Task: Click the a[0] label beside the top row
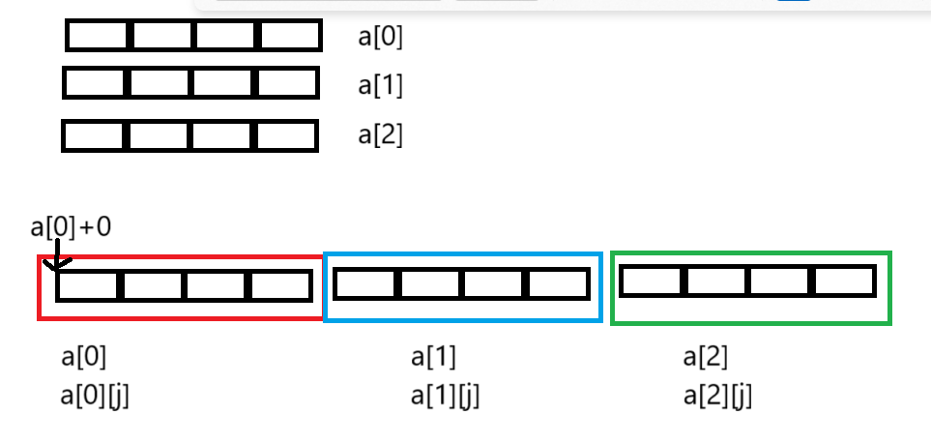pos(380,38)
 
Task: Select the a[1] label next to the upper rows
pos(380,85)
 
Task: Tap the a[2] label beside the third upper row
pos(380,134)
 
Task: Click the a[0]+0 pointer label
pos(71,227)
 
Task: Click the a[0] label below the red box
pos(83,357)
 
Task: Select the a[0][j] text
pos(94,396)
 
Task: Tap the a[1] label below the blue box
pos(433,357)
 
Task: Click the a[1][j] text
pos(445,396)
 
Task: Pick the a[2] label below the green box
pos(705,357)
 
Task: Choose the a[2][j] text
pos(716,396)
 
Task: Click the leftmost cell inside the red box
pos(88,286)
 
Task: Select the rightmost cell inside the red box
pos(279,286)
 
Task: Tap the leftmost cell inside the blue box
pos(364,284)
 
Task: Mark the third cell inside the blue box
pos(495,284)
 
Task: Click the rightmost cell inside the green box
pos(843,281)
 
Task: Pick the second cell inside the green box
pos(716,281)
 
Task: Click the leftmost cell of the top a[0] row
pos(99,37)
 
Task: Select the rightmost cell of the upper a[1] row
pos(286,83)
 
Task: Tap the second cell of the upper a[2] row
pos(160,135)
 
